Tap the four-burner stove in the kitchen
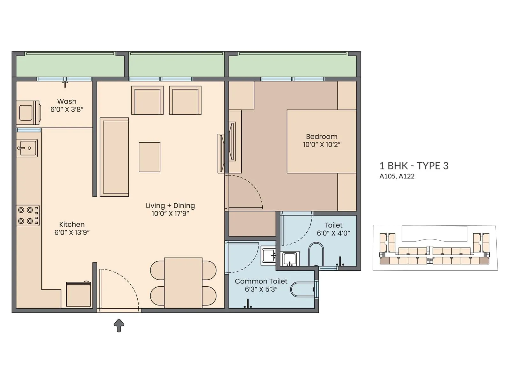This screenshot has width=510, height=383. [28, 215]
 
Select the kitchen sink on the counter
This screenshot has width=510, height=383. [27, 148]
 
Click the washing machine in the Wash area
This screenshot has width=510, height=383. [28, 113]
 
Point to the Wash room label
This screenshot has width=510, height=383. [67, 101]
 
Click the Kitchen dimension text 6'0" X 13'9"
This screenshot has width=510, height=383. [72, 233]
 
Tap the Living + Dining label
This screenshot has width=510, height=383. [170, 206]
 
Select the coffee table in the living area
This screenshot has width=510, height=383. [149, 157]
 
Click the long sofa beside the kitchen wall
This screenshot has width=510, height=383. [114, 157]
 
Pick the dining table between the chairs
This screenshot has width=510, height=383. [183, 282]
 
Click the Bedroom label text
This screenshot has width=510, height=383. [322, 137]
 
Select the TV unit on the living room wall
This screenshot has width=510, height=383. [221, 153]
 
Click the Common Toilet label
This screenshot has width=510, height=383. [261, 281]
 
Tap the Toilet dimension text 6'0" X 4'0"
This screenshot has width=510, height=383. [333, 233]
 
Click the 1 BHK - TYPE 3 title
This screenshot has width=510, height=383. [414, 166]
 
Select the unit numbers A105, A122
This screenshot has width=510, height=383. [397, 176]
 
